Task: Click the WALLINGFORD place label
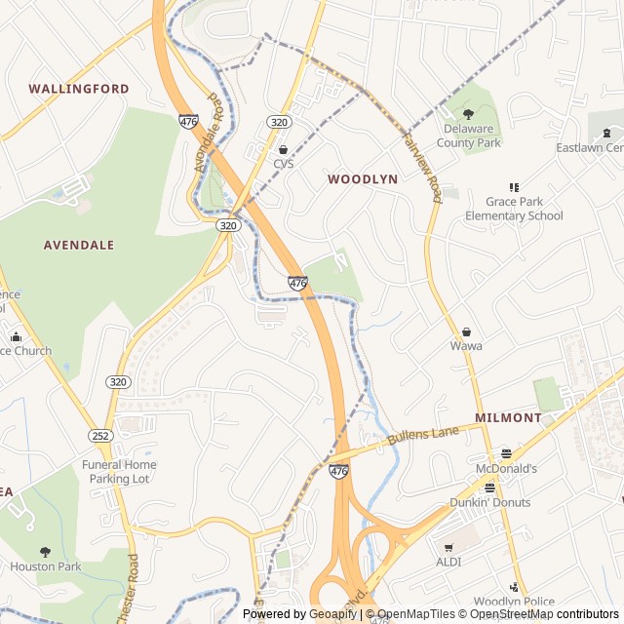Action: (78, 89)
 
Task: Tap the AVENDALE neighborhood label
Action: (79, 245)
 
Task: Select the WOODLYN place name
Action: (363, 179)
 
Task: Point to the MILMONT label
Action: (508, 417)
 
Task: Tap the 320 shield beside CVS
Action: (278, 122)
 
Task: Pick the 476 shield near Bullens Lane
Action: (338, 471)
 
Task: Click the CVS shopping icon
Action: (283, 149)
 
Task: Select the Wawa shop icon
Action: (466, 332)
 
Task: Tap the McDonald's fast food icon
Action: (505, 453)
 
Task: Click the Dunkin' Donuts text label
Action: (489, 502)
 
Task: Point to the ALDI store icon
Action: (448, 548)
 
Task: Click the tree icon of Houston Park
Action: (46, 552)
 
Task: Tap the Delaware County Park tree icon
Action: (468, 114)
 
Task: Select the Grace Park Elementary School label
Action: (514, 209)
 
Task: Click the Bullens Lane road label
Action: (422, 435)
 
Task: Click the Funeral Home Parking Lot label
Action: (119, 472)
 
